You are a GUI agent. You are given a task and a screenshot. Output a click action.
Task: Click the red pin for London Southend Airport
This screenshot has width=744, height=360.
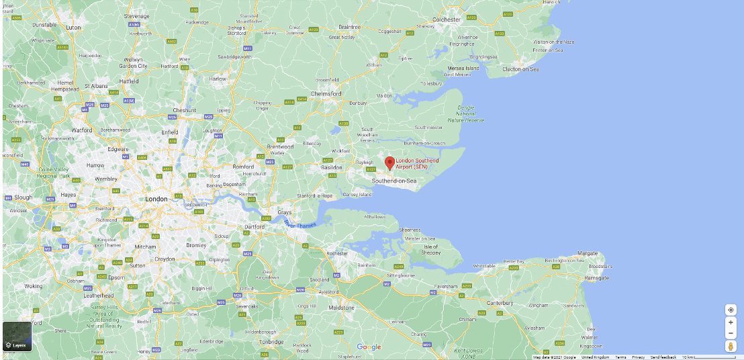[389, 163]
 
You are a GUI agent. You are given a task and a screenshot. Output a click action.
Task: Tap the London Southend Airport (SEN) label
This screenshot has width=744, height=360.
[417, 163]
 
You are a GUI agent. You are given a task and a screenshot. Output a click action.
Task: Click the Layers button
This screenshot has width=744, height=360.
[17, 336]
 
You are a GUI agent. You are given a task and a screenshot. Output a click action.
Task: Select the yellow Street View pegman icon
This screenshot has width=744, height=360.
[731, 346]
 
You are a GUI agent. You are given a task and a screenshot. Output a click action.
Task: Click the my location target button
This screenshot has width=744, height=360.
[731, 310]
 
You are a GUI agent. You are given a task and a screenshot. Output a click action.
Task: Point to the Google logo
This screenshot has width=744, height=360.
[369, 347]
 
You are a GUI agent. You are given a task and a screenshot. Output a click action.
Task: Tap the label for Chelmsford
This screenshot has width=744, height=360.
[326, 93]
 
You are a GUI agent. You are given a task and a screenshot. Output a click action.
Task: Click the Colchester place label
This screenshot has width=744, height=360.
[447, 20]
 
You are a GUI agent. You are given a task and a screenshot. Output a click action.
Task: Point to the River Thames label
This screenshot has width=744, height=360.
[299, 224]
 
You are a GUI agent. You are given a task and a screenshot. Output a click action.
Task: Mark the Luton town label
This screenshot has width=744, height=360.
[73, 28]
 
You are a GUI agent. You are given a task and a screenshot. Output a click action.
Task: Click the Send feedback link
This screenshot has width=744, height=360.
[663, 357]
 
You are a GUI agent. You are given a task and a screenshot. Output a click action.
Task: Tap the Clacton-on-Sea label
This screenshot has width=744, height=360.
[520, 69]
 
